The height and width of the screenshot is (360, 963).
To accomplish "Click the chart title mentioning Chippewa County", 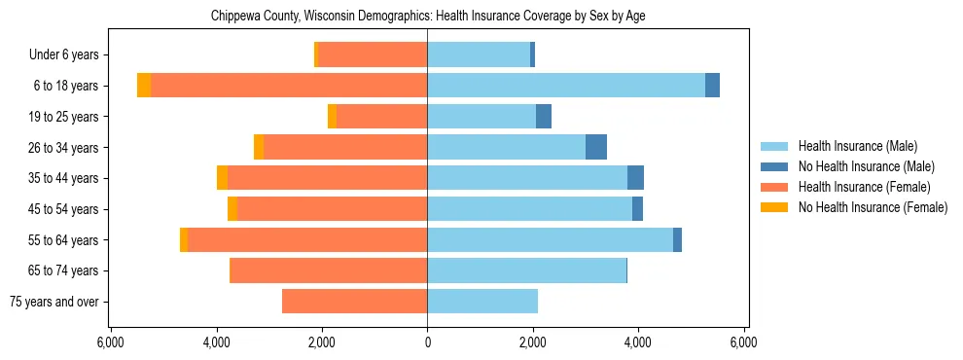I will tap(428, 16).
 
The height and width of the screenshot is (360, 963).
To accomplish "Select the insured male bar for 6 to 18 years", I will tap(566, 86).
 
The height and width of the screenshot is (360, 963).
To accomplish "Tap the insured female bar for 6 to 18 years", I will tap(289, 86).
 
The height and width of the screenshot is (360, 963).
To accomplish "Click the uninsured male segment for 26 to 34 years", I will tap(596, 147).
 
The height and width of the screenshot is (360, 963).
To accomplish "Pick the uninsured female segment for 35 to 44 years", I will tap(223, 178).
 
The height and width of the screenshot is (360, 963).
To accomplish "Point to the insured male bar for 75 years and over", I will tap(482, 302).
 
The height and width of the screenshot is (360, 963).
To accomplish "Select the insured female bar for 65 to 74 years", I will tap(329, 270).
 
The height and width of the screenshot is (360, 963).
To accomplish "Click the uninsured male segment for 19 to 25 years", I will tap(544, 117).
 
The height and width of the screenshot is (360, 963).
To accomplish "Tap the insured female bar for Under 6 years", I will tap(373, 55).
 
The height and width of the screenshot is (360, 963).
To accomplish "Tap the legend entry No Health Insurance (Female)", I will tap(873, 207).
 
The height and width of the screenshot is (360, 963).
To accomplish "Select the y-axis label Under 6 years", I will tap(63, 55).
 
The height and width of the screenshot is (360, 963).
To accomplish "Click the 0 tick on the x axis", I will tap(427, 343).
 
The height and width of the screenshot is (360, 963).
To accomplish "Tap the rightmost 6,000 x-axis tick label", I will tap(743, 343).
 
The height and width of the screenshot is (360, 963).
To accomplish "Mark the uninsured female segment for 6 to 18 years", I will tap(144, 86).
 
